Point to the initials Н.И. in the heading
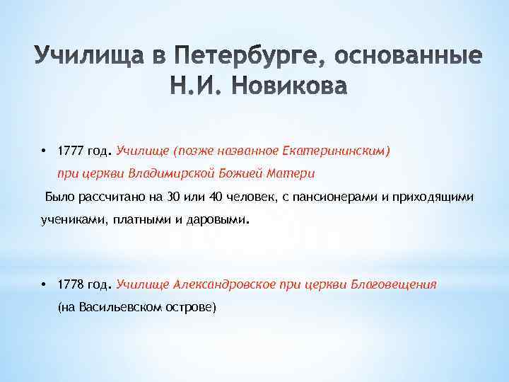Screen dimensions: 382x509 click(x=193, y=86)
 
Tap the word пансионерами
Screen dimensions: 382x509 click(x=336, y=196)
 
